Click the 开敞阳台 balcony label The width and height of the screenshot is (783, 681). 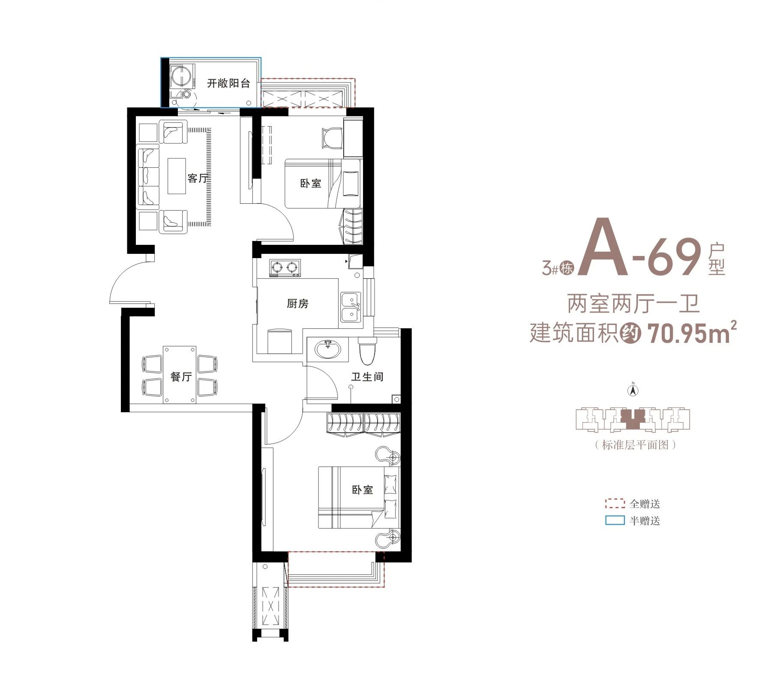coord(228,83)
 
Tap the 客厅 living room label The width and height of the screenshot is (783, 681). coord(198,178)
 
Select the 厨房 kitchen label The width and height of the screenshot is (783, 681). coord(297,303)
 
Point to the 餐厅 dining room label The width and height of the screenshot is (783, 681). coord(181,377)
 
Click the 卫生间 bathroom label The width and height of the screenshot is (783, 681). coord(367,377)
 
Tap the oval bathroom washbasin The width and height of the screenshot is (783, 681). coord(328,349)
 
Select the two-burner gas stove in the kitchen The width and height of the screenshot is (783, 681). coord(285,268)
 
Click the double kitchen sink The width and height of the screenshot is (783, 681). coord(351,307)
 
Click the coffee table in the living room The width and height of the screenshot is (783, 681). coord(177,176)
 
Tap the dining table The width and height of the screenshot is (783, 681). coord(180,375)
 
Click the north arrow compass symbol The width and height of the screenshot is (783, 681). coord(633,390)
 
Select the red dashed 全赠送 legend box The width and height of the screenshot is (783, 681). coord(615,503)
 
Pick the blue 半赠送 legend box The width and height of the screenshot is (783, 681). coord(615,520)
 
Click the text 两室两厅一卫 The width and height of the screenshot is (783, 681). coord(633,303)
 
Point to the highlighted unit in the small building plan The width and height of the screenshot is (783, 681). coord(633,419)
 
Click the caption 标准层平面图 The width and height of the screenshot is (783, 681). coord(636,445)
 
